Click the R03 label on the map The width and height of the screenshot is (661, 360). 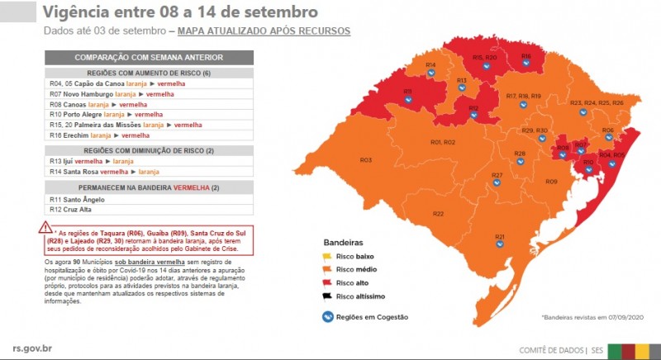pos(365,160)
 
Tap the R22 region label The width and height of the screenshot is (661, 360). pos(439,214)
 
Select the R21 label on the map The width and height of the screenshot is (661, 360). pos(500,237)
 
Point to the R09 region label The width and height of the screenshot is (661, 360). pos(551,181)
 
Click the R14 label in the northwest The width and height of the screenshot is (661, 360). pos(430,64)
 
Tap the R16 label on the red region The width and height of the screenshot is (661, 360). pos(525,56)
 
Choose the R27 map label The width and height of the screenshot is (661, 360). pos(497,175)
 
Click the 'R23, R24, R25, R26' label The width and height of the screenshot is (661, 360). pos(597,102)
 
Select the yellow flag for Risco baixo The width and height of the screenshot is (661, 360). pos(327,257)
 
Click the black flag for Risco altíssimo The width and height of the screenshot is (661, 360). pos(327,295)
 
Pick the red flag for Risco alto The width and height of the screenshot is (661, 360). pos(327,282)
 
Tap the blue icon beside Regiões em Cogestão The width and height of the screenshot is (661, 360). pos(328,316)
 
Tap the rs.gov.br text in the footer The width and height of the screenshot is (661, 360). pos(36,349)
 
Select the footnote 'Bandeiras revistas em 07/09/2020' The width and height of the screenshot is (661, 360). pos(592,317)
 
